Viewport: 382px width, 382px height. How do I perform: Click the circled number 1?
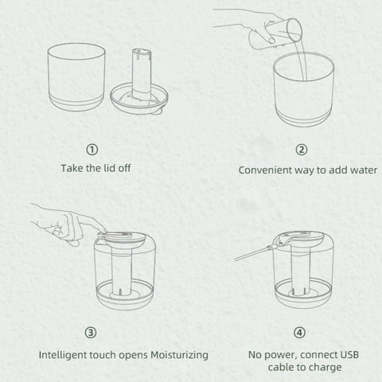93,150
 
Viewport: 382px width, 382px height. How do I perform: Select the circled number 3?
93,332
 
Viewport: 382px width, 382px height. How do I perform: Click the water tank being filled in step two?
302,92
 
